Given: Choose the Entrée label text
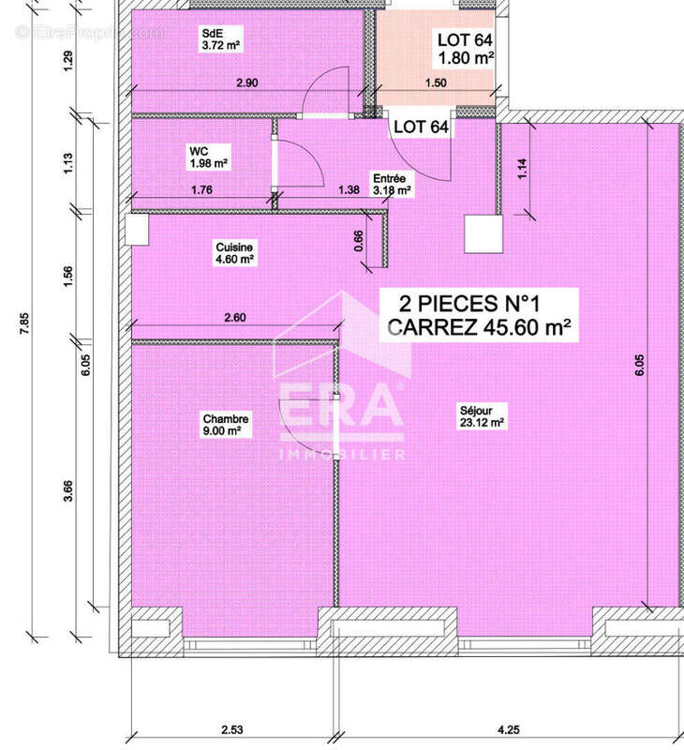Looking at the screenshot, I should click(x=389, y=178).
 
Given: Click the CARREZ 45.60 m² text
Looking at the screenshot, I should click(x=479, y=328).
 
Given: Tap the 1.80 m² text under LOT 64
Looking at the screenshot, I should click(x=466, y=58).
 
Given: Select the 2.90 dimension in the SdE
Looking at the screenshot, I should click(x=247, y=83).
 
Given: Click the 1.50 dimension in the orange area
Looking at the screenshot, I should click(x=436, y=83).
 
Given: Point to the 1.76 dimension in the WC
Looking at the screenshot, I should click(x=201, y=190).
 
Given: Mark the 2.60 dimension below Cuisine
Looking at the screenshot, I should click(x=235, y=318).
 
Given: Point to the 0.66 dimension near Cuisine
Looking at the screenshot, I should click(x=359, y=240).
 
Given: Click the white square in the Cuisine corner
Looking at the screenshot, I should click(x=137, y=229).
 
